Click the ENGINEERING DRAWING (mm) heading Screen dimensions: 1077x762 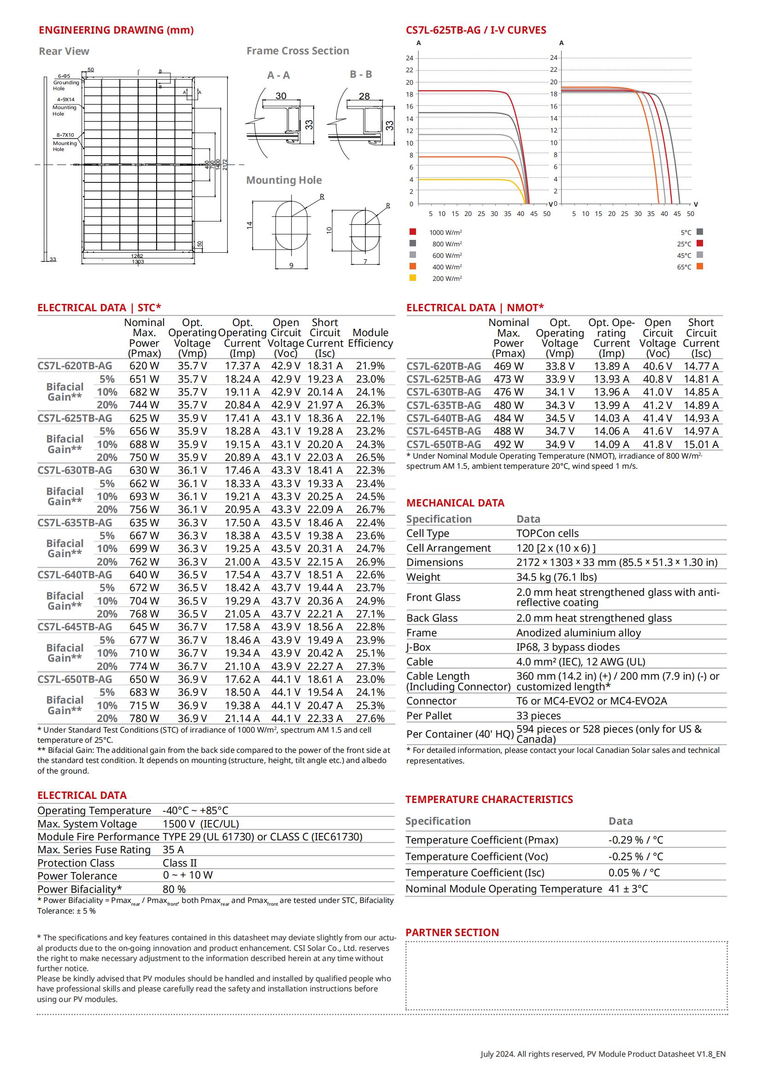(116, 30)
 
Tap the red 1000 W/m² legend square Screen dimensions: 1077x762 (413, 232)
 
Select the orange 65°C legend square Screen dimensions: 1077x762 (700, 267)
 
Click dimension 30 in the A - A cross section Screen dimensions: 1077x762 (281, 96)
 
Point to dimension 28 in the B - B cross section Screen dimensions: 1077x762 (364, 96)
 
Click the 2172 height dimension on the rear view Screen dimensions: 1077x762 (225, 165)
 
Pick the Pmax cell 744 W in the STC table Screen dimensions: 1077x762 (144, 405)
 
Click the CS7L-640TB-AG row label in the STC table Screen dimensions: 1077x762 (75, 575)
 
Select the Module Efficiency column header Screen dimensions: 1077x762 (370, 338)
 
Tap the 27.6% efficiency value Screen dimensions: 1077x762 (370, 718)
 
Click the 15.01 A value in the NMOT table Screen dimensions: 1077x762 (701, 444)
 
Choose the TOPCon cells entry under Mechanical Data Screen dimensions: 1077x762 (547, 533)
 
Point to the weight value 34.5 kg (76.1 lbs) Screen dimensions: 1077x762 (557, 577)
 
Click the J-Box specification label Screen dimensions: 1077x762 (418, 647)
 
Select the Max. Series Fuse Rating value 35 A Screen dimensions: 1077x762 (173, 850)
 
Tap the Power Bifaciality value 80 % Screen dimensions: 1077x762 (174, 889)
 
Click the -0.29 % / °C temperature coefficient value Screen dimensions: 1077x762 (635, 840)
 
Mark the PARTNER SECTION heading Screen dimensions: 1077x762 (452, 932)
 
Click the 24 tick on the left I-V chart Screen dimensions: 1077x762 (410, 58)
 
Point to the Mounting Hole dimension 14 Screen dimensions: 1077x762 (250, 225)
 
